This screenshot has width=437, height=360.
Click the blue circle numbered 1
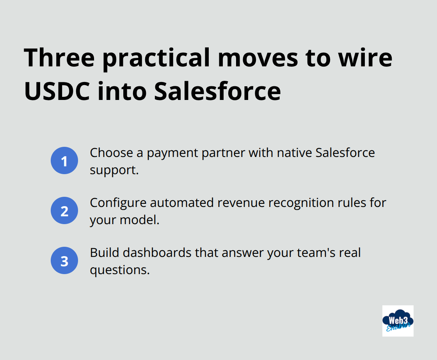(x=64, y=161)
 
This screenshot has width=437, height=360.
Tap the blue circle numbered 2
(x=64, y=211)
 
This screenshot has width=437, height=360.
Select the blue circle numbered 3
(x=64, y=261)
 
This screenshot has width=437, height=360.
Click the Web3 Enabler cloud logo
(x=398, y=321)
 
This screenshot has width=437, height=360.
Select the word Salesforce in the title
(x=217, y=91)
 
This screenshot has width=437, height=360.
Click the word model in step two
(x=140, y=220)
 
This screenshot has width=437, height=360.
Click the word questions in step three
(x=119, y=270)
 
